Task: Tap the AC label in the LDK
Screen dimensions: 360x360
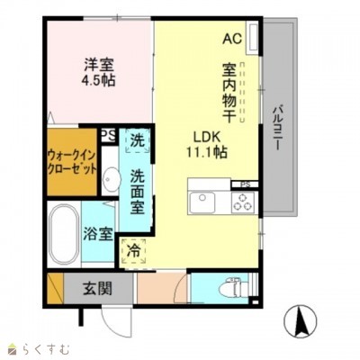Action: [x=232, y=39]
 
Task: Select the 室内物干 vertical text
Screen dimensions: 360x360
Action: [x=229, y=94]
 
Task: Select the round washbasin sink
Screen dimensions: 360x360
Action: [x=110, y=178]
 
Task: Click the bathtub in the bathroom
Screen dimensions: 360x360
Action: [x=62, y=232]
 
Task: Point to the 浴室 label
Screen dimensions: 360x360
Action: [x=99, y=234]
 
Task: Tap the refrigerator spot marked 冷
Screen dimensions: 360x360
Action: [x=134, y=251]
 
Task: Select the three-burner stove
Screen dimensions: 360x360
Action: [x=243, y=203]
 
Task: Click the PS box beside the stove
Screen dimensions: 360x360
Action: [x=244, y=185]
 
